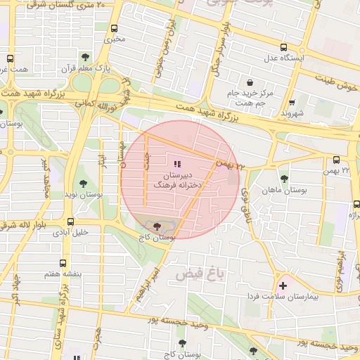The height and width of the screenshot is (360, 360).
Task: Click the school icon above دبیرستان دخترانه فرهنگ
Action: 176,163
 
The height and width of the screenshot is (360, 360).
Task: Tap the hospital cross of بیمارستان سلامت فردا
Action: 283,285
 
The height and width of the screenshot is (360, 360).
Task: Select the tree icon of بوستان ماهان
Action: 284,179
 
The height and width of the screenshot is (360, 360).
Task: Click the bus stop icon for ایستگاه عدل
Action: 283,48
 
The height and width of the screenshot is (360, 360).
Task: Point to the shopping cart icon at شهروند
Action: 292,102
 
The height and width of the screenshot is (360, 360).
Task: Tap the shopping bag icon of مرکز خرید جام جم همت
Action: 250,83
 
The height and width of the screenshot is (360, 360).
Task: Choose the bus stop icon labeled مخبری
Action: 114,29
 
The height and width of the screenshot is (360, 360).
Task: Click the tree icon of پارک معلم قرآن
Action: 85,57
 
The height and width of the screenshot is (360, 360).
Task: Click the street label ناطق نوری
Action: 245,201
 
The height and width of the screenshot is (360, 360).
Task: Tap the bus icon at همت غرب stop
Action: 10,59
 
